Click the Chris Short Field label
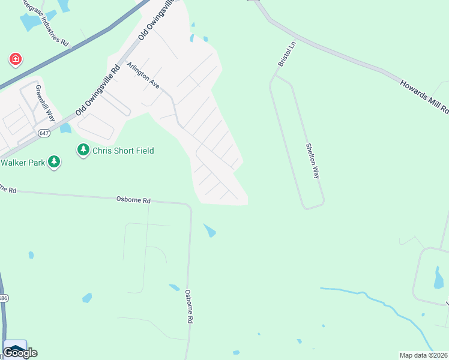pyautogui.click(x=123, y=151)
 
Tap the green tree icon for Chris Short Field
pyautogui.click(x=83, y=150)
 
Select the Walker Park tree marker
pyautogui.click(x=54, y=162)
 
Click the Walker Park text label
pyautogui.click(x=23, y=163)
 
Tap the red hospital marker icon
pyautogui.click(x=16, y=59)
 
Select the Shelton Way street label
pyautogui.click(x=312, y=161)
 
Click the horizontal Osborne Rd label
pyautogui.click(x=133, y=199)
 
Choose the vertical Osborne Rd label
pyautogui.click(x=188, y=307)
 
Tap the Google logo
pyautogui.click(x=20, y=353)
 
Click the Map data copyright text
pyautogui.click(x=424, y=355)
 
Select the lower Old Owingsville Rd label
pyautogui.click(x=98, y=91)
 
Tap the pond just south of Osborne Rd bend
pyautogui.click(x=209, y=230)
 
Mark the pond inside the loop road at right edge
pyautogui.click(x=438, y=277)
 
